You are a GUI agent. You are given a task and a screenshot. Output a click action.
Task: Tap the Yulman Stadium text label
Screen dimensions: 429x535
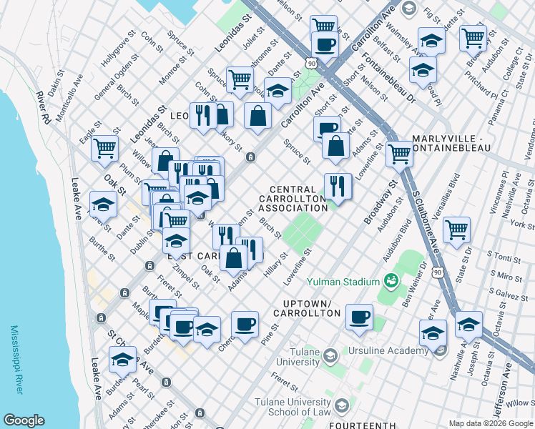[x=344, y=282]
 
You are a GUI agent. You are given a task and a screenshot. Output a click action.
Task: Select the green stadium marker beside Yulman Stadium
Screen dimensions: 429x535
[x=391, y=280]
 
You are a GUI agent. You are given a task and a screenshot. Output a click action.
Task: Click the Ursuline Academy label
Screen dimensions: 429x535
[x=387, y=351]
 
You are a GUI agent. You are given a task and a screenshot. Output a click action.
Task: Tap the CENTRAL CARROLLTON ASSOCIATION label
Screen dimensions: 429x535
[x=293, y=199]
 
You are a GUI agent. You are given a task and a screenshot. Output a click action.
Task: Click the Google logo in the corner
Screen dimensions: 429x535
[x=24, y=420]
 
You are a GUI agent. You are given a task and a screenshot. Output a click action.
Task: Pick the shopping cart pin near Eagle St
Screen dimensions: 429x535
[x=105, y=148]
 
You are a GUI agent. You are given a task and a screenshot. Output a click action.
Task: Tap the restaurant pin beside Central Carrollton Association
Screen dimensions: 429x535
[x=338, y=186]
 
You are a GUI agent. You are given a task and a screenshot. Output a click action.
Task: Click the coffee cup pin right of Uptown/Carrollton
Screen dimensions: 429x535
[x=359, y=316]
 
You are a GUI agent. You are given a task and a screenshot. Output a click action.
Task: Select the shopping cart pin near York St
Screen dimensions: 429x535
[x=456, y=230]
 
